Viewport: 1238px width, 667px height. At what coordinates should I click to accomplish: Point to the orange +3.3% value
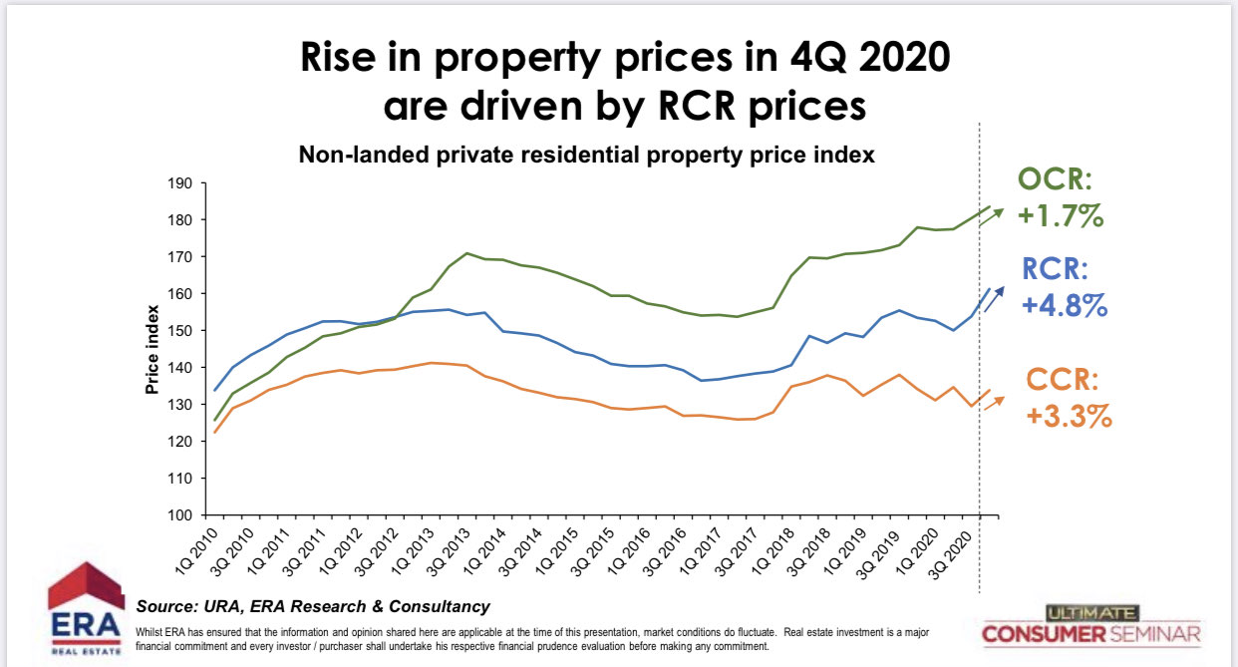[1068, 416]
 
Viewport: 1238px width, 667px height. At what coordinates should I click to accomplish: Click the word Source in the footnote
[162, 606]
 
